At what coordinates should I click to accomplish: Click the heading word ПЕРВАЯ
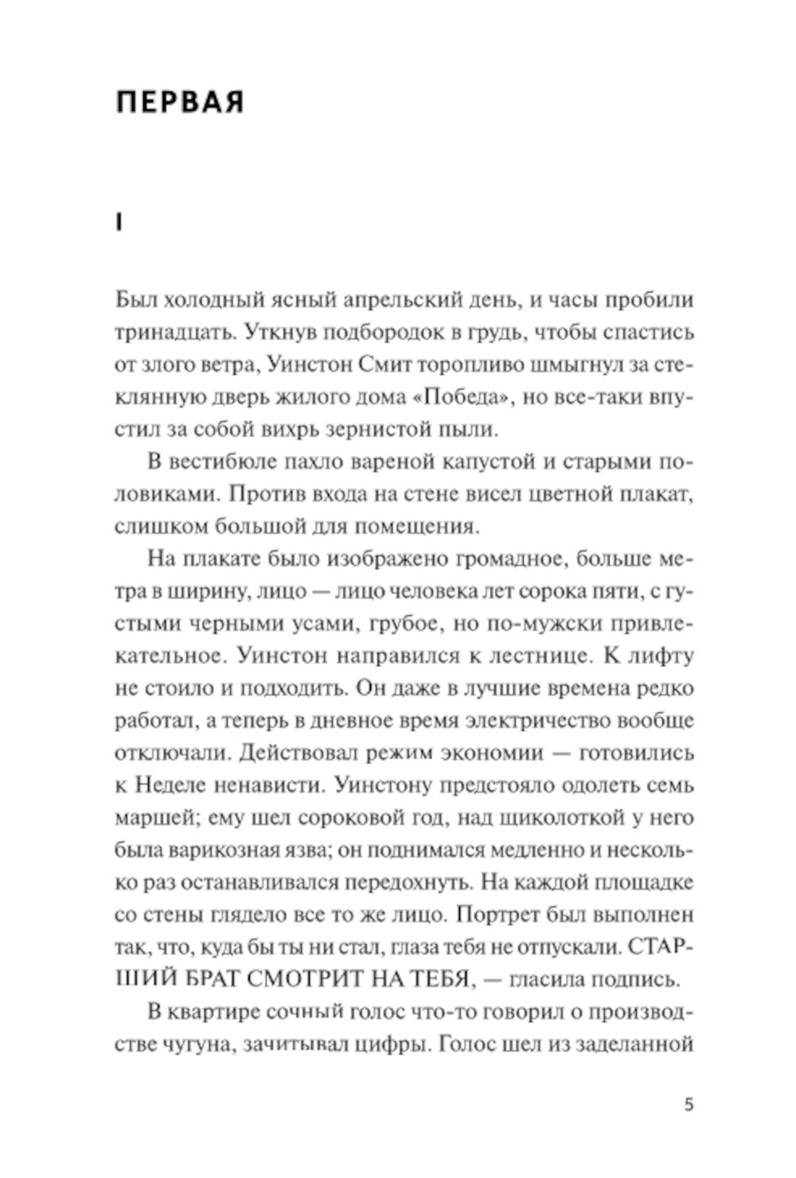point(179,103)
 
